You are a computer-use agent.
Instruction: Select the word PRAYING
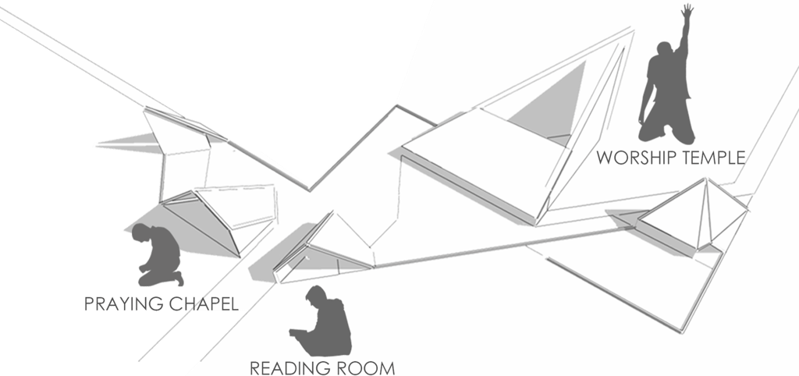[120, 303]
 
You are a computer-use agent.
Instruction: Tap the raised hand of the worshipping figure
[687, 12]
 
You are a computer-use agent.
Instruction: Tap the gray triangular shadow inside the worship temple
[555, 98]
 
